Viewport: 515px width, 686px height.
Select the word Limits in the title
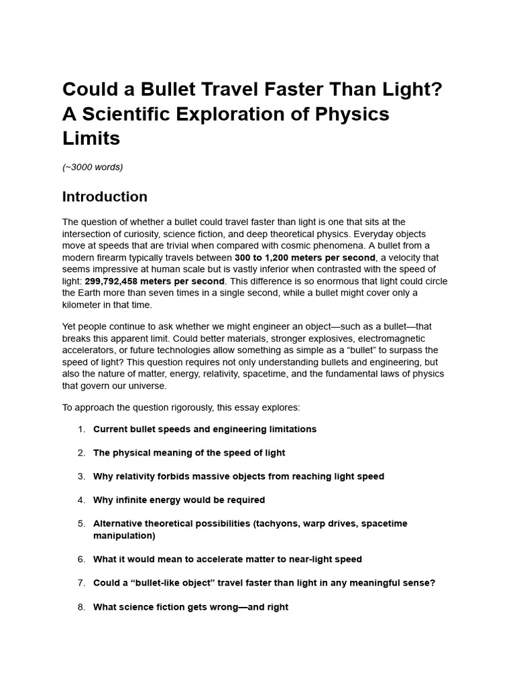[x=91, y=139]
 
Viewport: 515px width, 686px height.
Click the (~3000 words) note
[x=93, y=167]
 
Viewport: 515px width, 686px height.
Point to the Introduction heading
[x=105, y=197]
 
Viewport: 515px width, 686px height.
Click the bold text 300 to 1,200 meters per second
[x=305, y=257]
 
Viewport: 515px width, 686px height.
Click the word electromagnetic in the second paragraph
[x=390, y=338]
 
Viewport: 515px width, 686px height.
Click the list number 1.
[x=81, y=429]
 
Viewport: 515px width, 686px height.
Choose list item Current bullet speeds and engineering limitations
[x=205, y=429]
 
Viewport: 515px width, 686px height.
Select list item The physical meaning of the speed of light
[x=189, y=453]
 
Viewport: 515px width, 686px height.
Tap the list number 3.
[x=81, y=476]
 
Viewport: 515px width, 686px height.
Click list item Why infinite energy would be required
[x=179, y=500]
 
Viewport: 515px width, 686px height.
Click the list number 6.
[x=81, y=559]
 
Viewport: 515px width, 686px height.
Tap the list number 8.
[x=81, y=607]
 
